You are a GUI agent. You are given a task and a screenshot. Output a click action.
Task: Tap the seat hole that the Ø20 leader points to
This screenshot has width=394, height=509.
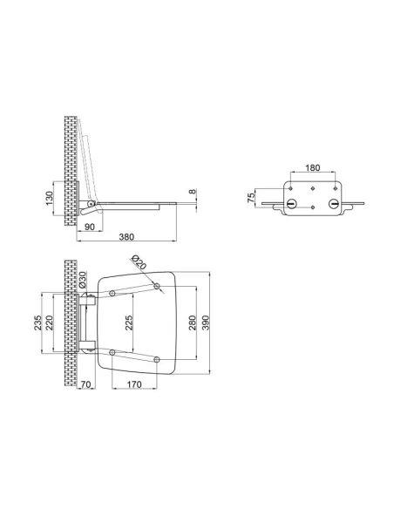tap(157, 286)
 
